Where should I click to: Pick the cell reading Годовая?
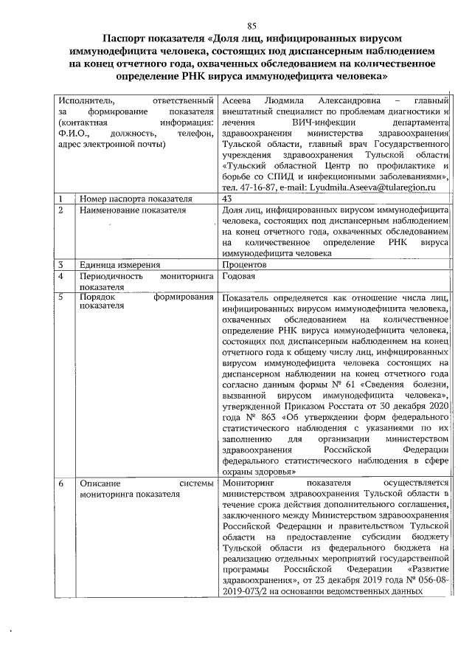(x=238, y=276)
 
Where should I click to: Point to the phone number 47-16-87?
(x=255, y=188)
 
